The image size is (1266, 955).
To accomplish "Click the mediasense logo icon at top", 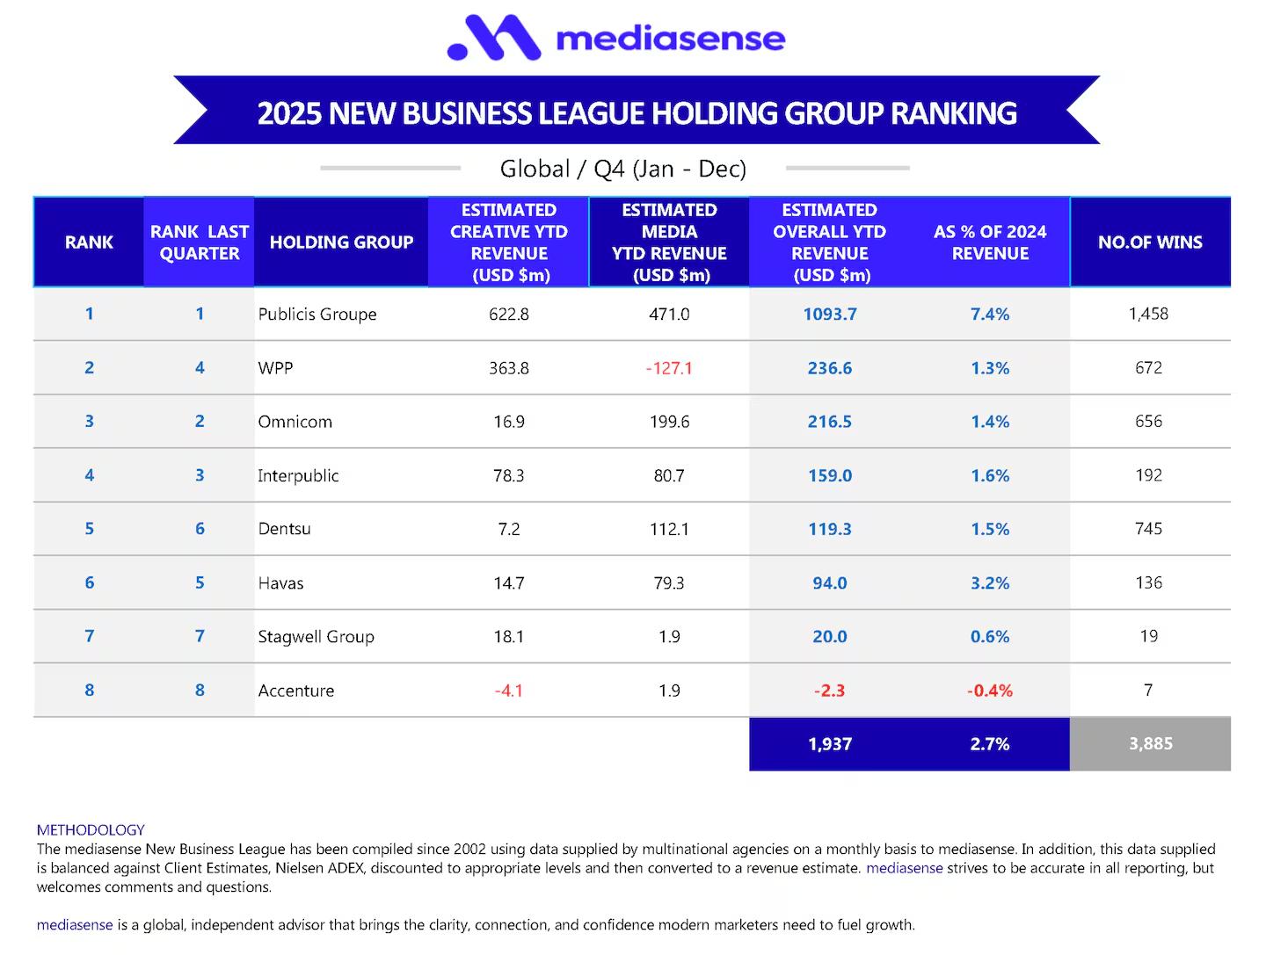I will point(493,38).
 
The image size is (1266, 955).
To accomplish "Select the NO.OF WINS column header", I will point(1150,242).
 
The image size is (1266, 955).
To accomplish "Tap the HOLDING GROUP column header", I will point(341,242).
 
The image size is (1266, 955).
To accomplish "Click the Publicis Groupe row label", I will point(317,315).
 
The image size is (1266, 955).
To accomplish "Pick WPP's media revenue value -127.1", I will point(669,368).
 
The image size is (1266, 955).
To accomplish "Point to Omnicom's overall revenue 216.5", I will point(829,422).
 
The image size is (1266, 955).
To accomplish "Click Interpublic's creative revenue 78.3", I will point(508,475).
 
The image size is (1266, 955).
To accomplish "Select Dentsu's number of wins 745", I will point(1148,529).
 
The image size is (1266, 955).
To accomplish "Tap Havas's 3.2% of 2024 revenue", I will point(989,583).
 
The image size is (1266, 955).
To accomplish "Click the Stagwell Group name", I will point(316,637).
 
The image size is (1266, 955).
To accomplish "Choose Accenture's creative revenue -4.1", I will point(508,691).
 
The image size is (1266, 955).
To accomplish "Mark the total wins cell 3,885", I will point(1150,744).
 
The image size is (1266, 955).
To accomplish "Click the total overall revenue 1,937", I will point(829,744).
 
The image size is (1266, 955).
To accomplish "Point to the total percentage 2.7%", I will point(989,744).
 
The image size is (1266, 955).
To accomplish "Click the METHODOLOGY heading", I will point(91,829).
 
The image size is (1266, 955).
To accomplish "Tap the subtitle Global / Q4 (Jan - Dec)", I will point(622,169).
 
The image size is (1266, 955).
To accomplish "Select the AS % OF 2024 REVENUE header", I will point(989,242).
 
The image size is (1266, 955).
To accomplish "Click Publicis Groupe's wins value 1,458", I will point(1148,314).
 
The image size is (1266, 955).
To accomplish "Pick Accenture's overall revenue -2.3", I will point(829,691).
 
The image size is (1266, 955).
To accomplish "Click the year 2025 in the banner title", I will point(288,113).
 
